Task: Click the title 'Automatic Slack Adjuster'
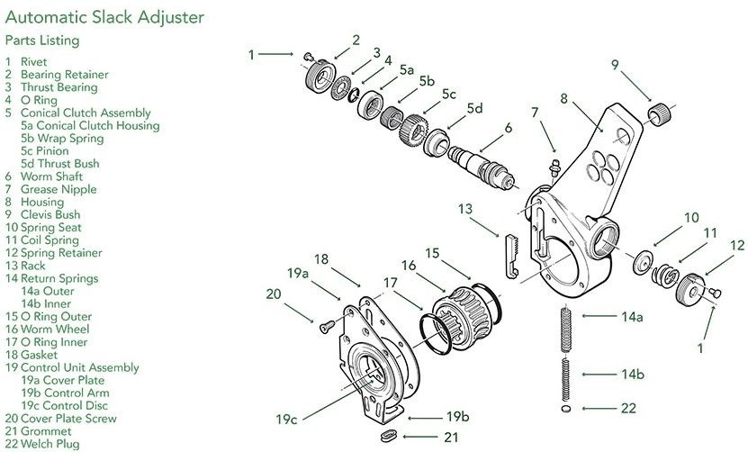point(104,17)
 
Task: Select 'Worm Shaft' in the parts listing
point(51,176)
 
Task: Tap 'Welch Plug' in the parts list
point(50,443)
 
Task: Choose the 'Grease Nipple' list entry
point(58,189)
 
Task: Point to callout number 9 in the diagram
point(615,64)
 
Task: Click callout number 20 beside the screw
point(274,294)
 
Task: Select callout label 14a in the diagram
point(630,317)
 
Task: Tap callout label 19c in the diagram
point(287,419)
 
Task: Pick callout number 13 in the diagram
point(464,209)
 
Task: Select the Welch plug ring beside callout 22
point(565,408)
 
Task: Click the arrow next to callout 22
point(595,408)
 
